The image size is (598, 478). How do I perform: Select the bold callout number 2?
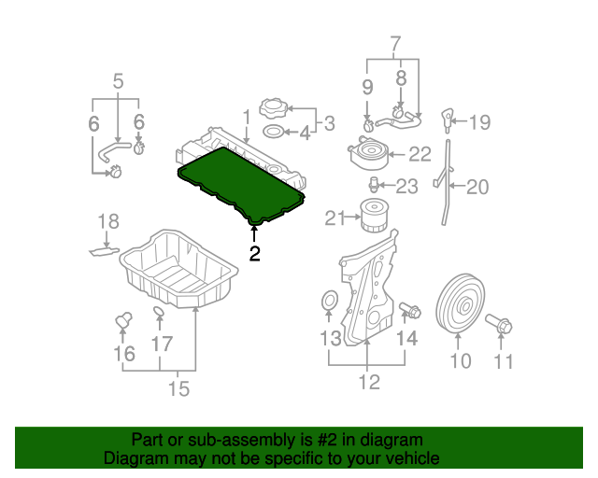click(254, 253)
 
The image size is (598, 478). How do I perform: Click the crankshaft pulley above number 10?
click(459, 304)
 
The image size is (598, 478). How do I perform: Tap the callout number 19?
click(479, 121)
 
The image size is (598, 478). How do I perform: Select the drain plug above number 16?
click(121, 320)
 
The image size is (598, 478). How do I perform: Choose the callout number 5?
click(119, 81)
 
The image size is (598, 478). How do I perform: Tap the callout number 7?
click(393, 43)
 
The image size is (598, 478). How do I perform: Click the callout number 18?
click(108, 221)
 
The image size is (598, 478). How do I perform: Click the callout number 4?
click(305, 134)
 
